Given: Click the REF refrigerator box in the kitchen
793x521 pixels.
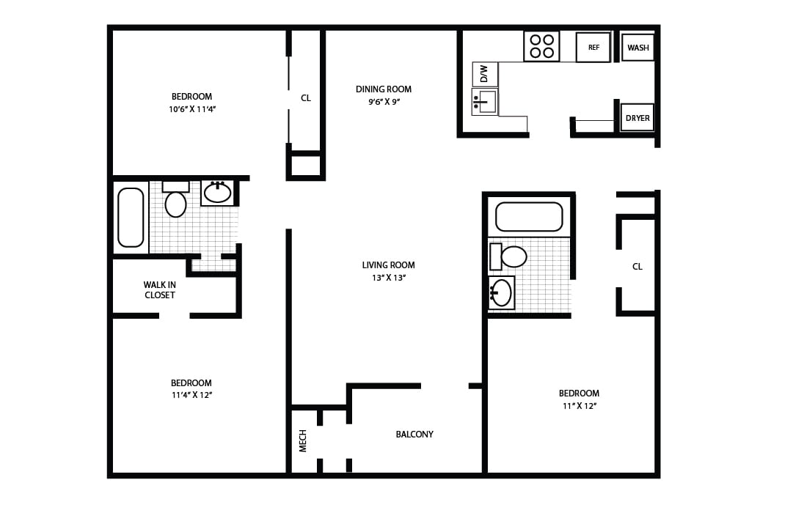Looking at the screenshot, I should pyautogui.click(x=593, y=48).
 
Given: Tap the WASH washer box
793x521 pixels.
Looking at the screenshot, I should pyautogui.click(x=637, y=48).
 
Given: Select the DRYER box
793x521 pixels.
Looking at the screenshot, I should pyautogui.click(x=637, y=118).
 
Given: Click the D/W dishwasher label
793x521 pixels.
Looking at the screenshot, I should pyautogui.click(x=484, y=74).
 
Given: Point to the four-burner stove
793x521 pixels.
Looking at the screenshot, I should pyautogui.click(x=541, y=46).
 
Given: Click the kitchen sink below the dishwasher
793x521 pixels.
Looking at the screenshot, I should pyautogui.click(x=485, y=102).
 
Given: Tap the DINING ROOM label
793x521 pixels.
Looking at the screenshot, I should pyautogui.click(x=384, y=89).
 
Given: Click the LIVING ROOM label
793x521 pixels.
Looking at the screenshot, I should pyautogui.click(x=388, y=265).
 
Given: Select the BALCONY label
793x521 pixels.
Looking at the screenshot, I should pyautogui.click(x=414, y=435).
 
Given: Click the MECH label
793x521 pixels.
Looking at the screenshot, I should pyautogui.click(x=303, y=440).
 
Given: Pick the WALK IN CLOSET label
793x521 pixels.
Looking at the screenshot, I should pyautogui.click(x=159, y=290).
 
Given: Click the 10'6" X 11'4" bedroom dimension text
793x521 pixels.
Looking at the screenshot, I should pyautogui.click(x=191, y=109).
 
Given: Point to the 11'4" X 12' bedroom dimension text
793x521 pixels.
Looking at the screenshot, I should pyautogui.click(x=191, y=395).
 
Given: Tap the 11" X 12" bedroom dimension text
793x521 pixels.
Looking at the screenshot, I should pyautogui.click(x=579, y=406).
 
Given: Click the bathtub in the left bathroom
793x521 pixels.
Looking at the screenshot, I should pyautogui.click(x=131, y=217).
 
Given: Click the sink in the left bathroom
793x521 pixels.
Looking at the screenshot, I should pyautogui.click(x=217, y=193).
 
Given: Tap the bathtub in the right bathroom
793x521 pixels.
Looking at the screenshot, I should pyautogui.click(x=529, y=217).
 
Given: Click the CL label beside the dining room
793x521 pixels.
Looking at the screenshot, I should pyautogui.click(x=306, y=97).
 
